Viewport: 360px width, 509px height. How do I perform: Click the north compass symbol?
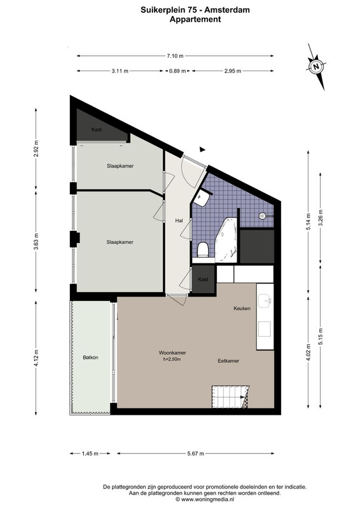point(316,67)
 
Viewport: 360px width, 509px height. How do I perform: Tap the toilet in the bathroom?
point(203,249)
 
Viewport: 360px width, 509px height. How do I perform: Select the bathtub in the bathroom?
point(226,240)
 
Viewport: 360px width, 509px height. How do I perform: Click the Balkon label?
point(90,358)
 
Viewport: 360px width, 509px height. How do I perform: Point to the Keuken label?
point(242,309)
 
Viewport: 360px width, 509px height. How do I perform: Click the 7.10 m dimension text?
point(176,56)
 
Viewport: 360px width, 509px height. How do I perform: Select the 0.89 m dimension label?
point(177,71)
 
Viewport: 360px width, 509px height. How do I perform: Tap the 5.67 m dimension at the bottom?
point(196,454)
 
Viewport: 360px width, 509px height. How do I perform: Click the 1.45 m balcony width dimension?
point(90,454)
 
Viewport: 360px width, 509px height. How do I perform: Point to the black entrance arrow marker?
point(202,150)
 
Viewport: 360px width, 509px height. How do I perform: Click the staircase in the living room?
point(230,396)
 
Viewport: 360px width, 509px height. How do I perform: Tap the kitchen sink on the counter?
point(265,300)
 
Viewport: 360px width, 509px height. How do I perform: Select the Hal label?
point(179,221)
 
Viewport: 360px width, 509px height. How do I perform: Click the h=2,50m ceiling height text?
point(172,359)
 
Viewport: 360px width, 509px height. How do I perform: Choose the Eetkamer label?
point(228,361)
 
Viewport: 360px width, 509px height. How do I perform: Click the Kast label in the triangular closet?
point(97,130)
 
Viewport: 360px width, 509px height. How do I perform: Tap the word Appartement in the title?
point(195,20)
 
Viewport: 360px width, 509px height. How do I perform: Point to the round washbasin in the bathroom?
point(263,216)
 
